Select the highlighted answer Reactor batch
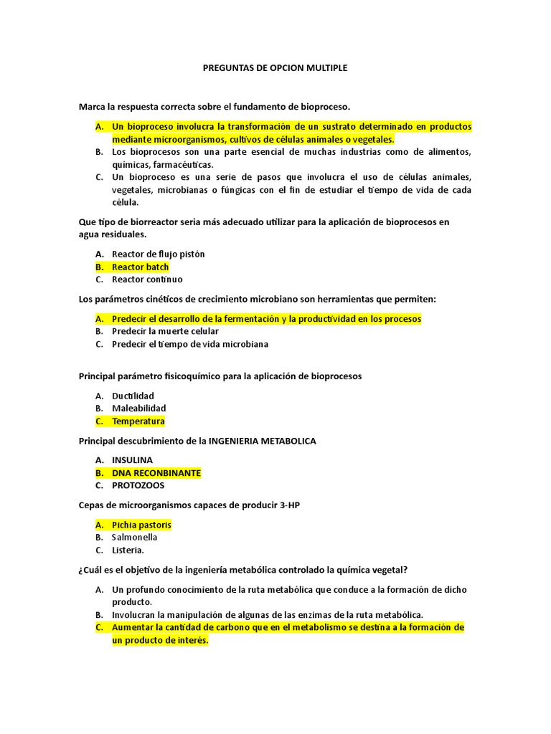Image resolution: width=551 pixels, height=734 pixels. (140, 267)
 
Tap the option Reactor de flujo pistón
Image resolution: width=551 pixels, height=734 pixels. (158, 254)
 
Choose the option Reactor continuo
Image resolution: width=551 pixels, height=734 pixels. (147, 280)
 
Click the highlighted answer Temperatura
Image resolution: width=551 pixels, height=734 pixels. (138, 421)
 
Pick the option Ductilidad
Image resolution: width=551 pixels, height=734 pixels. (133, 396)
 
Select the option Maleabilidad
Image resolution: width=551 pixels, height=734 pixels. (138, 408)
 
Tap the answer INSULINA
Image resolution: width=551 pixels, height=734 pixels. (132, 460)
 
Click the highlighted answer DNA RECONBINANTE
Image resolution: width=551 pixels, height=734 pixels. (156, 473)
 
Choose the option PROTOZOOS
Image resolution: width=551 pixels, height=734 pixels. (138, 485)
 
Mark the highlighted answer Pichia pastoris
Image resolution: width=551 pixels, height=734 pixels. (141, 525)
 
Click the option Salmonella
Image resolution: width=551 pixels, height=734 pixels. (134, 537)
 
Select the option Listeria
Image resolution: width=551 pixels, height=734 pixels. (128, 550)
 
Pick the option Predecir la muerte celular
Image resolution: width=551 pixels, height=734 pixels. (165, 331)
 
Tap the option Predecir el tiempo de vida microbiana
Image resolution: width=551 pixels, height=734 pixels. (189, 344)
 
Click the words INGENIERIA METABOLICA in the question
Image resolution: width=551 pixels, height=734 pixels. (262, 441)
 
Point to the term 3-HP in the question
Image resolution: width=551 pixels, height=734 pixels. (289, 505)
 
